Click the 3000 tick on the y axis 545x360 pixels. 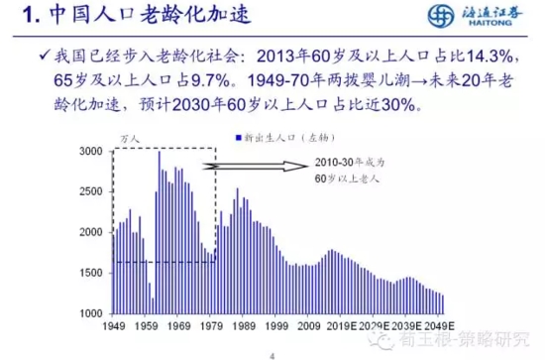[x=90, y=151]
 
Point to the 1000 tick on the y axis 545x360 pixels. [x=90, y=313]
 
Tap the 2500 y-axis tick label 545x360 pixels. [x=90, y=191]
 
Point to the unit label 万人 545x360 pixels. [x=129, y=140]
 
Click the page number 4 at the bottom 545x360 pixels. [x=273, y=350]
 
